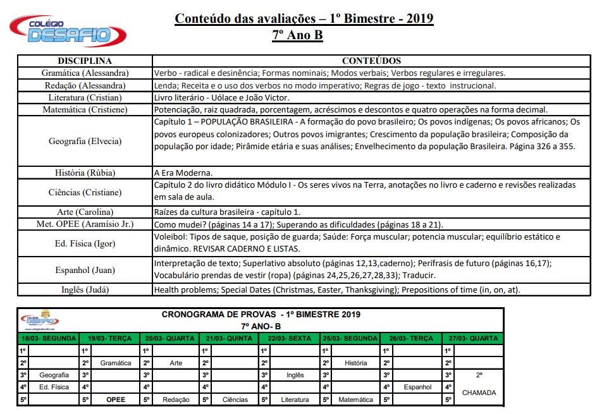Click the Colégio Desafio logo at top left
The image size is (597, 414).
tap(59, 30)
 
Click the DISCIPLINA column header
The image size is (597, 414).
tap(85, 61)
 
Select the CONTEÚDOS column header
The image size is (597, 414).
tap(371, 61)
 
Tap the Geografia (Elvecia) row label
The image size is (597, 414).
tap(85, 142)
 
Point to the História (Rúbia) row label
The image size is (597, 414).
tap(85, 173)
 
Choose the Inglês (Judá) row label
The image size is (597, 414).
tap(85, 290)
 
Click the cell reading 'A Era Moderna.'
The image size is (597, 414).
tap(183, 173)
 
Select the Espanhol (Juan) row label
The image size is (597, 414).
tap(85, 270)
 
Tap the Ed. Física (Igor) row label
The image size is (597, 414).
tap(85, 243)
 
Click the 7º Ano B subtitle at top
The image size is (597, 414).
tap(297, 35)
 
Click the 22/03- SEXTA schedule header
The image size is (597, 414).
tap(289, 339)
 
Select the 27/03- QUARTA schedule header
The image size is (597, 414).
tap(472, 339)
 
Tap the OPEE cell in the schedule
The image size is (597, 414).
tap(116, 399)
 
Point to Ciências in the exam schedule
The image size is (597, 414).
tap(235, 399)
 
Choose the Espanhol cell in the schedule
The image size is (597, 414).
tap(417, 387)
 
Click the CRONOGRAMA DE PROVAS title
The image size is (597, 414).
tap(261, 314)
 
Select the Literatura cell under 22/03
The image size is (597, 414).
tap(295, 399)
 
